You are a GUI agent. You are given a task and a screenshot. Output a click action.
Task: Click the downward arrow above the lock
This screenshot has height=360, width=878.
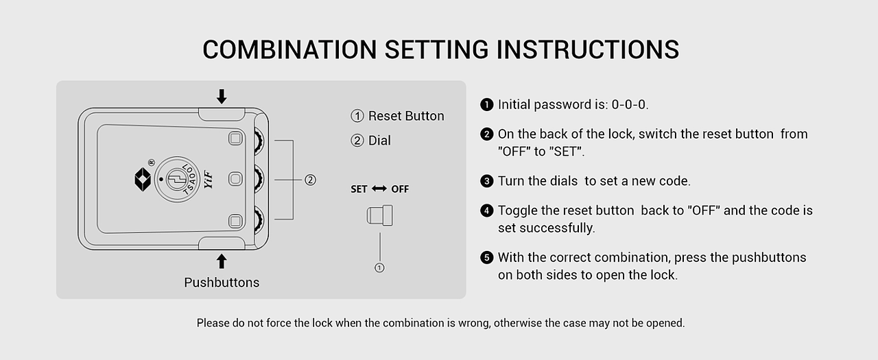[x=222, y=97]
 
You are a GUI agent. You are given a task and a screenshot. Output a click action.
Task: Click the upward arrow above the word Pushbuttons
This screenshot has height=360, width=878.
[x=222, y=261]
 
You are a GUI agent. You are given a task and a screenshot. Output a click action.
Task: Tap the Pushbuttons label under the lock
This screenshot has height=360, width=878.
[x=222, y=283]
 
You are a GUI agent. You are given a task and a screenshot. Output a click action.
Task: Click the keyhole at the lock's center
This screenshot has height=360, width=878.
[x=176, y=180]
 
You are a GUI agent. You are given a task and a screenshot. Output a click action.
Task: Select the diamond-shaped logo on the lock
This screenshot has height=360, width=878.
[x=143, y=180]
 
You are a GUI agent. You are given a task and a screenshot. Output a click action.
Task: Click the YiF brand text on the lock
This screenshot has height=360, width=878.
[x=208, y=180]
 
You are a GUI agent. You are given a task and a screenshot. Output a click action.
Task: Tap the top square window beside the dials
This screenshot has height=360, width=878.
[x=235, y=139]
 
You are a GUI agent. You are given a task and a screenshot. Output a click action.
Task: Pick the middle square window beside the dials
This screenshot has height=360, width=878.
[x=235, y=179]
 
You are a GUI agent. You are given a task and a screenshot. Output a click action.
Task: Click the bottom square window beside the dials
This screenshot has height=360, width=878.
[x=235, y=221]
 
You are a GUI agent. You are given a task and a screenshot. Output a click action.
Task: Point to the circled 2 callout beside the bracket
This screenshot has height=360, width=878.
[x=311, y=180]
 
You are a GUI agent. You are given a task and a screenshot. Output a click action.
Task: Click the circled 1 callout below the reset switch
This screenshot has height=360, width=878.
[x=379, y=268]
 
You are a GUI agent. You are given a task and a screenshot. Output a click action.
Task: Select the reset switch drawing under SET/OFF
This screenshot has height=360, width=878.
[x=379, y=215]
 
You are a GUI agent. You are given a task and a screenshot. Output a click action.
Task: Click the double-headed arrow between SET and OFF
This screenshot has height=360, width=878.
[x=379, y=189]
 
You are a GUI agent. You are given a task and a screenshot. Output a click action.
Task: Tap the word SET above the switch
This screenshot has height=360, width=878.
[x=359, y=189]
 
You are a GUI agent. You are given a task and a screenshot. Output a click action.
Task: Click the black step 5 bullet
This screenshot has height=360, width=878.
[x=487, y=258]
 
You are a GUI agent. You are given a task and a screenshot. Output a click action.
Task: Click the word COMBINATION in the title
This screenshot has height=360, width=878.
[x=289, y=50]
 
